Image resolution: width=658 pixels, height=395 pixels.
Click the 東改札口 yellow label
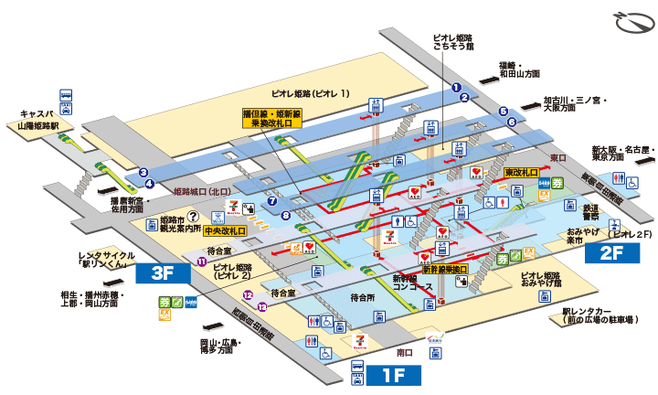click(522, 172)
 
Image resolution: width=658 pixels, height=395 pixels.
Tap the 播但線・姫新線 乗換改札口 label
click(272, 119)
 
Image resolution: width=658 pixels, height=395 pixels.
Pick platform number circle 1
click(455, 87)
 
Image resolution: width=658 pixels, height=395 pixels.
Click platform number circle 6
click(513, 122)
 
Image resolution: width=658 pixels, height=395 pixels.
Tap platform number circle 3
click(143, 171)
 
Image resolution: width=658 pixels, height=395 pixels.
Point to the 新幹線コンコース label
click(409, 282)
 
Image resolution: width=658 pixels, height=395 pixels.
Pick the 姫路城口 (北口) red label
click(204, 192)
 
